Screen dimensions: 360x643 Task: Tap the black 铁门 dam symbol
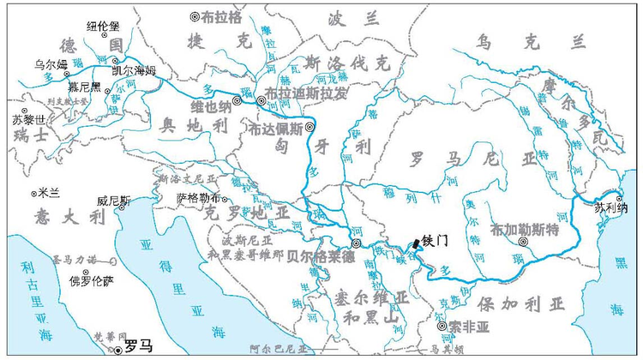click(417, 243)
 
